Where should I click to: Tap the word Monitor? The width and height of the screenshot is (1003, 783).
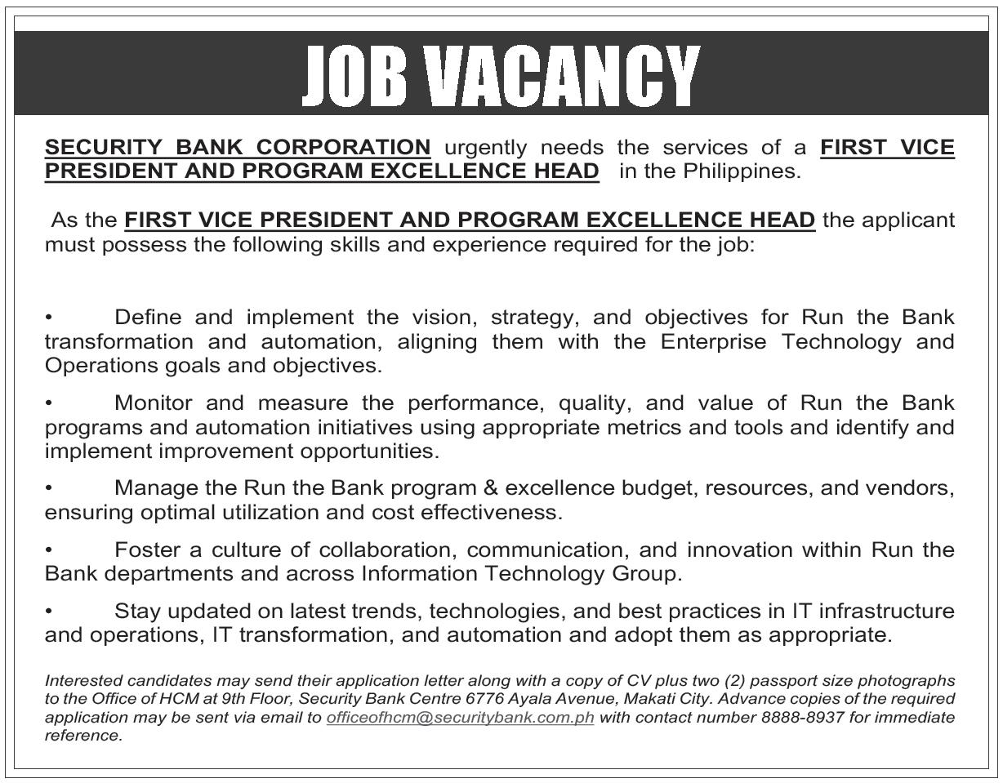coord(154,403)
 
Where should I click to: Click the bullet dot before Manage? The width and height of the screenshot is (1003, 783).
coord(49,488)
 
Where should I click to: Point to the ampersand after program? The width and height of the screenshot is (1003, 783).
coord(490,488)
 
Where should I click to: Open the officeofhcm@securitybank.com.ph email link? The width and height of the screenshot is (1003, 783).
coord(460,718)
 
